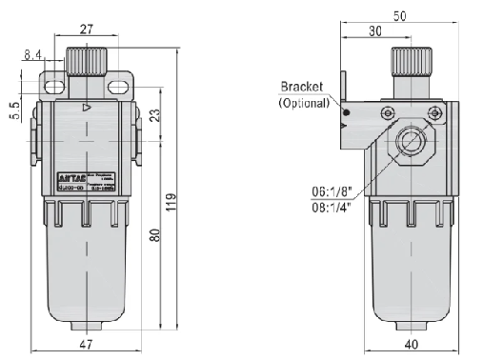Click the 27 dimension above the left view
coord(87,30)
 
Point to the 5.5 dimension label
coord(15,110)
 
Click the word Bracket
coord(303,88)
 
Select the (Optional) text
coord(304,102)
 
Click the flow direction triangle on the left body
coord(87,108)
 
